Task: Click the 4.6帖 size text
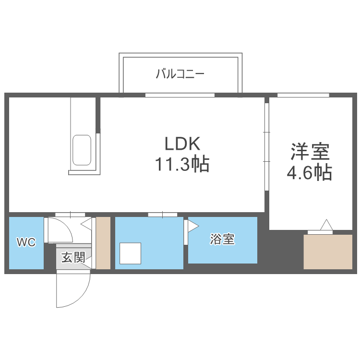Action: [309, 172]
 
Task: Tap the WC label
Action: [26, 242]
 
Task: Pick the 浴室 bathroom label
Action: [222, 240]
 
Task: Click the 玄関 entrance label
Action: [72, 258]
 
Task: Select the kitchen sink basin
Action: [82, 150]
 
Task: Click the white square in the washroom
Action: [130, 253]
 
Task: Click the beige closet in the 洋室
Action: [329, 252]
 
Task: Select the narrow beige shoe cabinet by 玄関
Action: [103, 243]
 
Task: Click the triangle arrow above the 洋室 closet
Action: [326, 225]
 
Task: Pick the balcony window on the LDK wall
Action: [180, 95]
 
